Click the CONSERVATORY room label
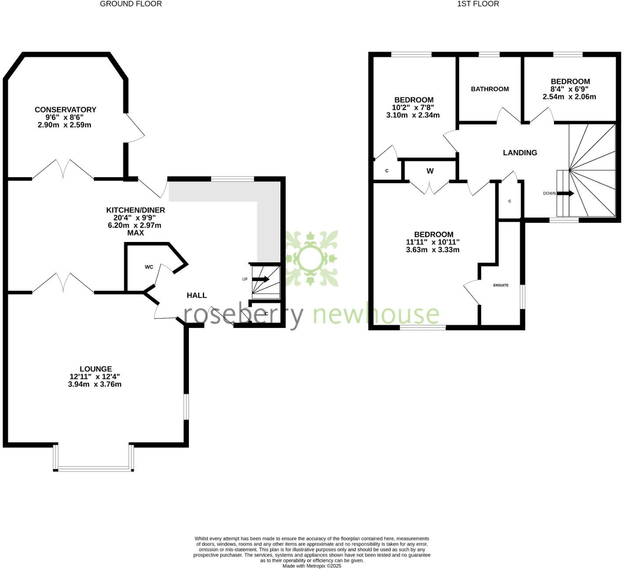click(65, 110)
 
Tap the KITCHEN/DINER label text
click(135, 210)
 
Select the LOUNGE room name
click(96, 369)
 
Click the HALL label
click(197, 295)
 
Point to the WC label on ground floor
click(149, 267)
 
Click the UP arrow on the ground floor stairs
click(262, 279)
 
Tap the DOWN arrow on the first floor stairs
click(565, 193)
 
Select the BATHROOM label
click(489, 89)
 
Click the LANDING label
click(520, 153)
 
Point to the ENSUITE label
click(501, 285)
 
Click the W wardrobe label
click(430, 171)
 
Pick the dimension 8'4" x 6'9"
click(570, 89)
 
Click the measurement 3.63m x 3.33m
click(433, 250)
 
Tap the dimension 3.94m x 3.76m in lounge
click(95, 384)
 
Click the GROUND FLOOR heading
click(131, 4)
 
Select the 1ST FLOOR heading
click(478, 4)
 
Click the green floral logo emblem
click(312, 258)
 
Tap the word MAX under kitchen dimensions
click(135, 233)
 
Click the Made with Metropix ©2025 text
click(312, 566)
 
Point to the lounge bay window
click(93, 468)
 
